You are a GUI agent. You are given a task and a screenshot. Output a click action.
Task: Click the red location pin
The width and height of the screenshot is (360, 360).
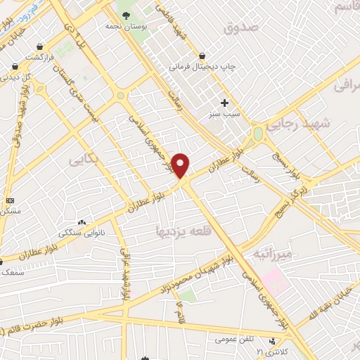pos(181,166)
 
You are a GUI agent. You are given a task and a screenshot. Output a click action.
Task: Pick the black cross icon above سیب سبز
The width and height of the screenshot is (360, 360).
pos(224,103)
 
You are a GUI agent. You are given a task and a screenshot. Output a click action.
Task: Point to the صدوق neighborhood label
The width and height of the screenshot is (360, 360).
pos(241,27)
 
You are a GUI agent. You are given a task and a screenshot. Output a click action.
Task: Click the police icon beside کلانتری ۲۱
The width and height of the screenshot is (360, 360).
pos(272,341)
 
